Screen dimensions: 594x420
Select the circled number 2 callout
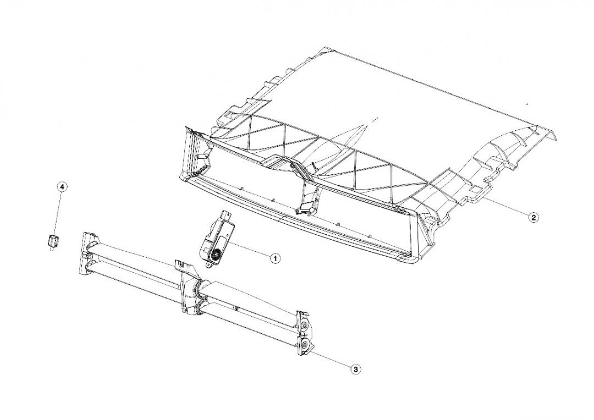click(533, 217)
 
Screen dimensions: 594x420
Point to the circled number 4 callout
click(62, 187)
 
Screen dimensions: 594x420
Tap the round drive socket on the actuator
click(217, 255)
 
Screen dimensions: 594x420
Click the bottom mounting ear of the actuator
click(208, 266)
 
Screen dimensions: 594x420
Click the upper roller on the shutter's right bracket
click(305, 325)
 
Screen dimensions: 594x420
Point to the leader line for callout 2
click(506, 207)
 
